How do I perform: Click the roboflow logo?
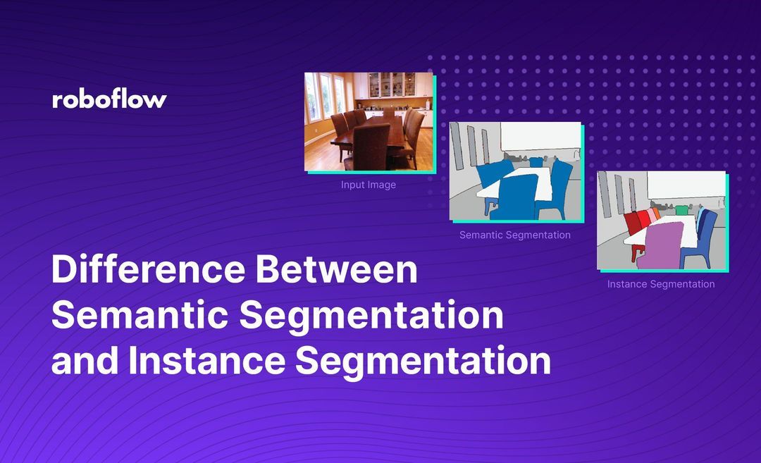click(109, 99)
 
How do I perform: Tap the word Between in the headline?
click(337, 269)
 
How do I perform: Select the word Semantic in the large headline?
click(140, 315)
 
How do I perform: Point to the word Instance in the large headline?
click(206, 361)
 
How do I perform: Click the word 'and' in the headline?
click(85, 361)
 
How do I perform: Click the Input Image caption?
click(369, 185)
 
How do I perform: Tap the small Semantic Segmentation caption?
click(515, 235)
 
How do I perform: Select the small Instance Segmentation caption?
click(661, 284)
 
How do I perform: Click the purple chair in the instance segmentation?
click(660, 245)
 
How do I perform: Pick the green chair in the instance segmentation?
click(682, 210)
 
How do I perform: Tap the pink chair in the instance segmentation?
click(651, 216)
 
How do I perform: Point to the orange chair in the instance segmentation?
click(657, 213)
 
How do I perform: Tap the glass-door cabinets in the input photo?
click(392, 85)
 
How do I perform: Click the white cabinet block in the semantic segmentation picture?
click(540, 137)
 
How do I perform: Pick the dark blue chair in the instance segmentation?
click(700, 237)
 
